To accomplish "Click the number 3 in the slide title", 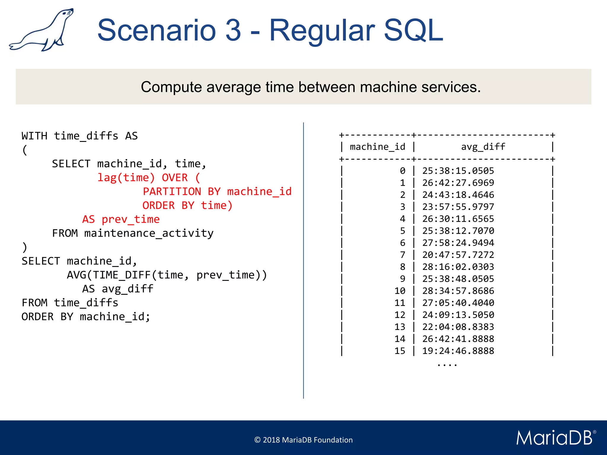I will [233, 30].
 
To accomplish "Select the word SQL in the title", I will [413, 30].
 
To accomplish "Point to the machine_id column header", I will [377, 147].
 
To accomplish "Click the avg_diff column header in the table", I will [483, 147].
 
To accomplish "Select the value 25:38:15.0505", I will [458, 171].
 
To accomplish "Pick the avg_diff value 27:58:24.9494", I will [458, 243].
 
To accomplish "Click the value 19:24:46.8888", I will [458, 351].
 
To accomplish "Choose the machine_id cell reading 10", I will [400, 291].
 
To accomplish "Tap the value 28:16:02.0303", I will [458, 267].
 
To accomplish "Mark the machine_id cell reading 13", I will [400, 327].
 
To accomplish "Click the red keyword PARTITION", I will [172, 192].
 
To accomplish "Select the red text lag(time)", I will [126, 178].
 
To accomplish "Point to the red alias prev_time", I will [130, 220].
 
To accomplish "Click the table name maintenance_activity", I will [149, 233].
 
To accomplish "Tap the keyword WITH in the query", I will [34, 136].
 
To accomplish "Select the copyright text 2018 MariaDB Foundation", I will [303, 440].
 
